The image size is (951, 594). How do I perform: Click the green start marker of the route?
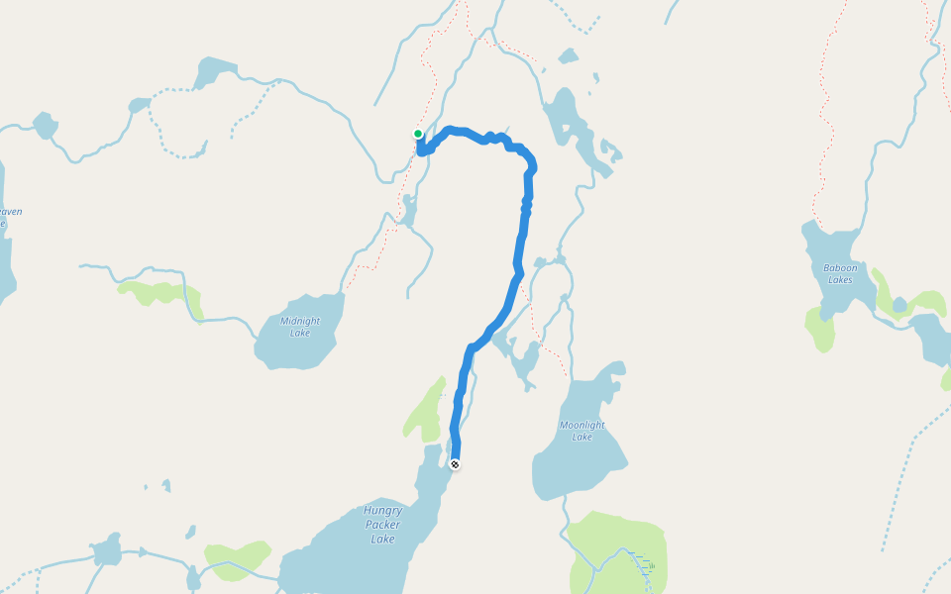(418, 134)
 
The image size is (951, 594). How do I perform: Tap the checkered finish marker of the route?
(455, 463)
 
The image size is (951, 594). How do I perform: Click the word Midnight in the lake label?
(300, 321)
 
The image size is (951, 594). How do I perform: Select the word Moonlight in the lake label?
(582, 425)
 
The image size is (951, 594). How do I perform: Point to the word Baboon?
(839, 267)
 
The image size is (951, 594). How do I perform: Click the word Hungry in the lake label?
(382, 511)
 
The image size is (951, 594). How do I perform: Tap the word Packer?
(383, 526)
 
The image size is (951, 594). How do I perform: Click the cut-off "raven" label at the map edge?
(10, 212)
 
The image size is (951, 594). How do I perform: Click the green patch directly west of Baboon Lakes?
(821, 329)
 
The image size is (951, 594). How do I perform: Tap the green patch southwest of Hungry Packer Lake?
(238, 555)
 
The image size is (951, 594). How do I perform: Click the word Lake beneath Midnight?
(300, 333)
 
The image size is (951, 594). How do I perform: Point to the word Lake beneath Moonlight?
(582, 437)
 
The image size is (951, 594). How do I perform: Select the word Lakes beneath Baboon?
(839, 279)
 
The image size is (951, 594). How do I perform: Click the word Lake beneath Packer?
(383, 540)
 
